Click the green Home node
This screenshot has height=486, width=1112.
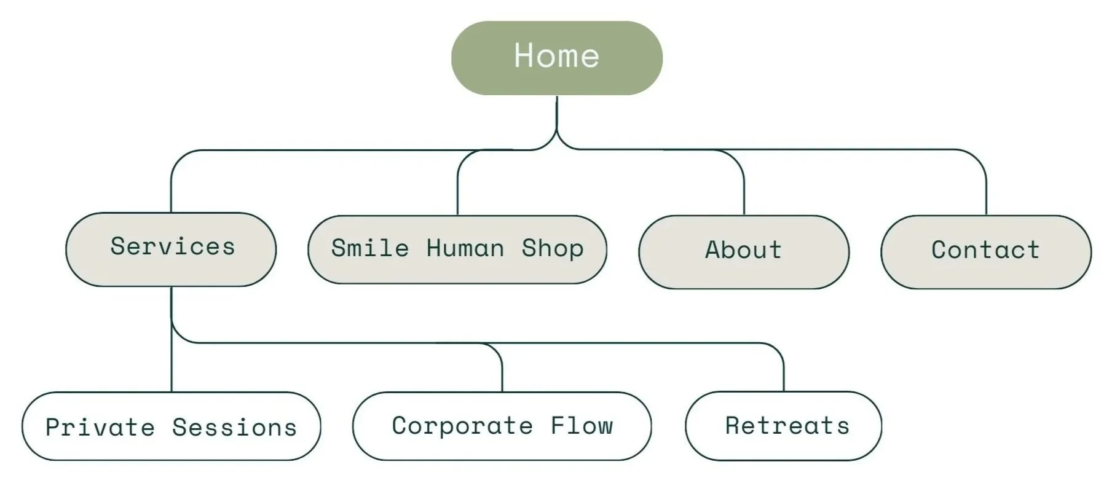(556, 58)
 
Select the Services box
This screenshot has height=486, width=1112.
(171, 249)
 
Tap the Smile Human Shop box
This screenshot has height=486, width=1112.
(457, 249)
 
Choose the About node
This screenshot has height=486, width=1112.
(743, 251)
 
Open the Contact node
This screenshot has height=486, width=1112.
(985, 251)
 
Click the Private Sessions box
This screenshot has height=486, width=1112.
(171, 426)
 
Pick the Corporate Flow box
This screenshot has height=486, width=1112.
(502, 426)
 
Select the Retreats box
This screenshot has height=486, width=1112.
(783, 426)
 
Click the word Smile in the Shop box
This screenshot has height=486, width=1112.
(369, 248)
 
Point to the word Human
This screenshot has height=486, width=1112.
(465, 248)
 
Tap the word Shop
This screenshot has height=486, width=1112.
(552, 249)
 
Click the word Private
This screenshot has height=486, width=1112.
(100, 428)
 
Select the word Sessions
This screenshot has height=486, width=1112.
(234, 428)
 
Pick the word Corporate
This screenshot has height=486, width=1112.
(462, 426)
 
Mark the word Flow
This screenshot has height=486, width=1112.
(582, 426)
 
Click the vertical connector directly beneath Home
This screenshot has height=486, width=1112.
(556, 117)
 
